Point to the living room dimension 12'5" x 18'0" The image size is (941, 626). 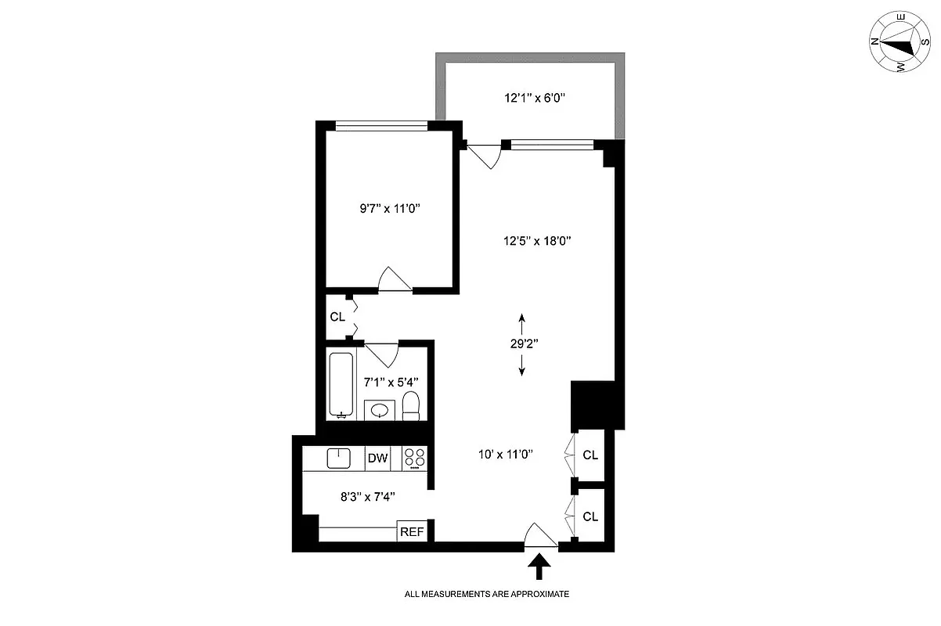(x=538, y=241)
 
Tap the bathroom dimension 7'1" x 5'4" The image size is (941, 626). (x=391, y=382)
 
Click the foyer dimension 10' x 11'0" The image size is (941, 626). (x=506, y=454)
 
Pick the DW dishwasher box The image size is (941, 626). (x=378, y=459)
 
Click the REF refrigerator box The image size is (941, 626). (x=412, y=532)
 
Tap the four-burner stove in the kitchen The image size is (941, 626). (x=414, y=459)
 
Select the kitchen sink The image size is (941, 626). (x=339, y=458)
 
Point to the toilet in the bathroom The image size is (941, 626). (x=411, y=406)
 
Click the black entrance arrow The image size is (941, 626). (x=539, y=565)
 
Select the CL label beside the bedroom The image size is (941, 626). (x=337, y=317)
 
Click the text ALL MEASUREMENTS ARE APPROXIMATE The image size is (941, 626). (x=486, y=594)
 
